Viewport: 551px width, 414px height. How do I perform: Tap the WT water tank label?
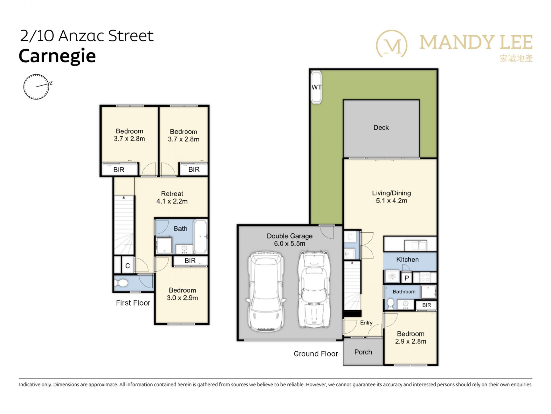pyautogui.click(x=317, y=87)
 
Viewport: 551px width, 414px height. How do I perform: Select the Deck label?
pyautogui.click(x=381, y=128)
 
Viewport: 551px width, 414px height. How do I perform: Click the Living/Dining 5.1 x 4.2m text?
pyautogui.click(x=391, y=197)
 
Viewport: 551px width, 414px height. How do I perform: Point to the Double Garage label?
pyautogui.click(x=290, y=236)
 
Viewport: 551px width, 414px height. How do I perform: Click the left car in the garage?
pyautogui.click(x=266, y=292)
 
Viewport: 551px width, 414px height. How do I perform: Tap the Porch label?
pyautogui.click(x=363, y=352)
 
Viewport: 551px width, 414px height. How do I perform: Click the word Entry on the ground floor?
pyautogui.click(x=366, y=323)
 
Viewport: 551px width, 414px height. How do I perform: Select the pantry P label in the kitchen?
pyautogui.click(x=407, y=278)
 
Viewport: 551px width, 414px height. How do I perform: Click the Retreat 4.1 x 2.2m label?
pyautogui.click(x=172, y=198)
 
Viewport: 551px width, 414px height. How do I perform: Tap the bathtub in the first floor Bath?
pyautogui.click(x=200, y=236)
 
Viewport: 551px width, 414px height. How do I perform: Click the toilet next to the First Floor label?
pyautogui.click(x=121, y=283)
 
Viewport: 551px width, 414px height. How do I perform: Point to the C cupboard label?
pyautogui.click(x=127, y=266)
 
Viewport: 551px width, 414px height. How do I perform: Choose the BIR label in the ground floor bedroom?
pyautogui.click(x=426, y=305)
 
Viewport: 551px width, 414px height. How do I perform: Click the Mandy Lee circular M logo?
pyautogui.click(x=392, y=44)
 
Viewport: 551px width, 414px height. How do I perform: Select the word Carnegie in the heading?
pyautogui.click(x=57, y=56)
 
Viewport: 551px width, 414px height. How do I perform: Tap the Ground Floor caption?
pyautogui.click(x=316, y=354)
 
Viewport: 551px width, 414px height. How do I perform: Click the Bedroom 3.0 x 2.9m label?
pyautogui.click(x=182, y=294)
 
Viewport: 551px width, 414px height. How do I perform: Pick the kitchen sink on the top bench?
pyautogui.click(x=416, y=245)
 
